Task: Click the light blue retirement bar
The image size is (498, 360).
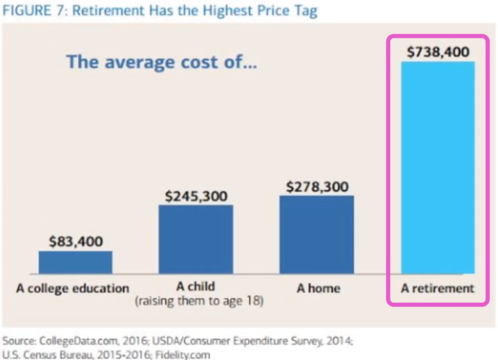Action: [438, 168]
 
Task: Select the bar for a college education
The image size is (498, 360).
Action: [76, 262]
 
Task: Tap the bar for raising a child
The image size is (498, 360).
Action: [196, 240]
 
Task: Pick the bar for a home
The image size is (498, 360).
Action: [317, 235]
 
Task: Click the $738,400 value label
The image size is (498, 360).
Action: [438, 51]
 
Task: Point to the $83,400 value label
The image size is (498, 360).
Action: [76, 241]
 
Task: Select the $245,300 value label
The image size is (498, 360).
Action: [196, 197]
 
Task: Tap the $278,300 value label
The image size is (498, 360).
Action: [317, 187]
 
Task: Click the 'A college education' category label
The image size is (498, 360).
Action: [73, 289]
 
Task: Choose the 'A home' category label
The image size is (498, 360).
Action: [318, 289]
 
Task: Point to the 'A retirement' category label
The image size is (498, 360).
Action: [437, 289]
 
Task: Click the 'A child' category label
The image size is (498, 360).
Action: [196, 286]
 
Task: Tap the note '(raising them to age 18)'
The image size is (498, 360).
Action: [199, 300]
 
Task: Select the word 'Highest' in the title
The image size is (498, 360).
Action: [228, 11]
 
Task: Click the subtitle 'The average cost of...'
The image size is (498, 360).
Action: [162, 61]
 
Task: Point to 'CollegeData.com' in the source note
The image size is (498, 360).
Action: [79, 341]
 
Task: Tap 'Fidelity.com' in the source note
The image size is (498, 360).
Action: [183, 354]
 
